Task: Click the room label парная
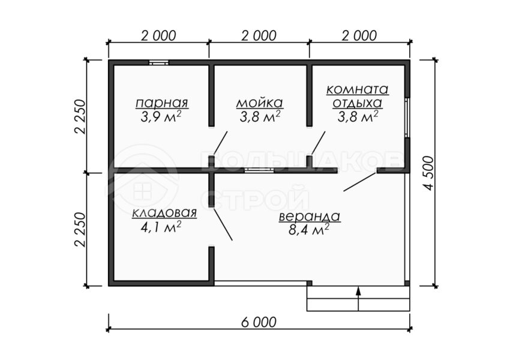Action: (x=161, y=103)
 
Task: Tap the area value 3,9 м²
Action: (x=161, y=117)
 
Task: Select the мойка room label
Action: (x=260, y=103)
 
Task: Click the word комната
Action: (x=358, y=89)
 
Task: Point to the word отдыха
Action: (x=358, y=103)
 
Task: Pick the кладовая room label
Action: (x=164, y=212)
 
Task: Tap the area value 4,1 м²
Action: (x=161, y=227)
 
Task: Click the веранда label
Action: (x=310, y=217)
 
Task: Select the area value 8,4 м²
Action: (x=308, y=230)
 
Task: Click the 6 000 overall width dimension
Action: (x=259, y=322)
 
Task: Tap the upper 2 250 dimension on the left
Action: (x=80, y=116)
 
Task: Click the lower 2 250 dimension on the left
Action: (x=80, y=230)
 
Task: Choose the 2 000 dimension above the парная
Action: (x=158, y=35)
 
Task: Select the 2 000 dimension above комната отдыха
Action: (x=359, y=35)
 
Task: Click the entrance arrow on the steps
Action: (x=358, y=299)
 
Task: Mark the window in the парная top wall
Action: (x=159, y=62)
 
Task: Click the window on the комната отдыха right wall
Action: (x=407, y=118)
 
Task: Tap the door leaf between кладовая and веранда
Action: (x=223, y=225)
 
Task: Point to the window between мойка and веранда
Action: (x=259, y=170)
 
